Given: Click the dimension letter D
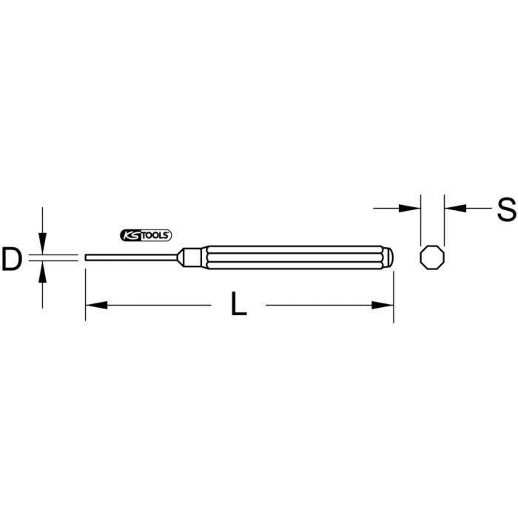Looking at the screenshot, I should tap(13, 259).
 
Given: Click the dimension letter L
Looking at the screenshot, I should tap(238, 305).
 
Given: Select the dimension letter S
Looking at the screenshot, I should tap(506, 209).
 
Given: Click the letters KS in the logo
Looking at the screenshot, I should tap(129, 235).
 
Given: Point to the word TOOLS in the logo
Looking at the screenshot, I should tap(155, 235).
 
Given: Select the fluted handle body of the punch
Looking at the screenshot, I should tap(296, 256).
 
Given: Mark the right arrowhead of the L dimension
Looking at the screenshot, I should tap(382, 305).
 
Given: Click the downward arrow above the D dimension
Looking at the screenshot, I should tap(44, 243).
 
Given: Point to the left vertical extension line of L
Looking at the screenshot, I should tap(86, 296).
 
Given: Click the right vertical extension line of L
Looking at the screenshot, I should tap(391, 296).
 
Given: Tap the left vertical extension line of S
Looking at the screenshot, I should tap(420, 215).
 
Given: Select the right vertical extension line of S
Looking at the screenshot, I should tap(444, 215).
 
